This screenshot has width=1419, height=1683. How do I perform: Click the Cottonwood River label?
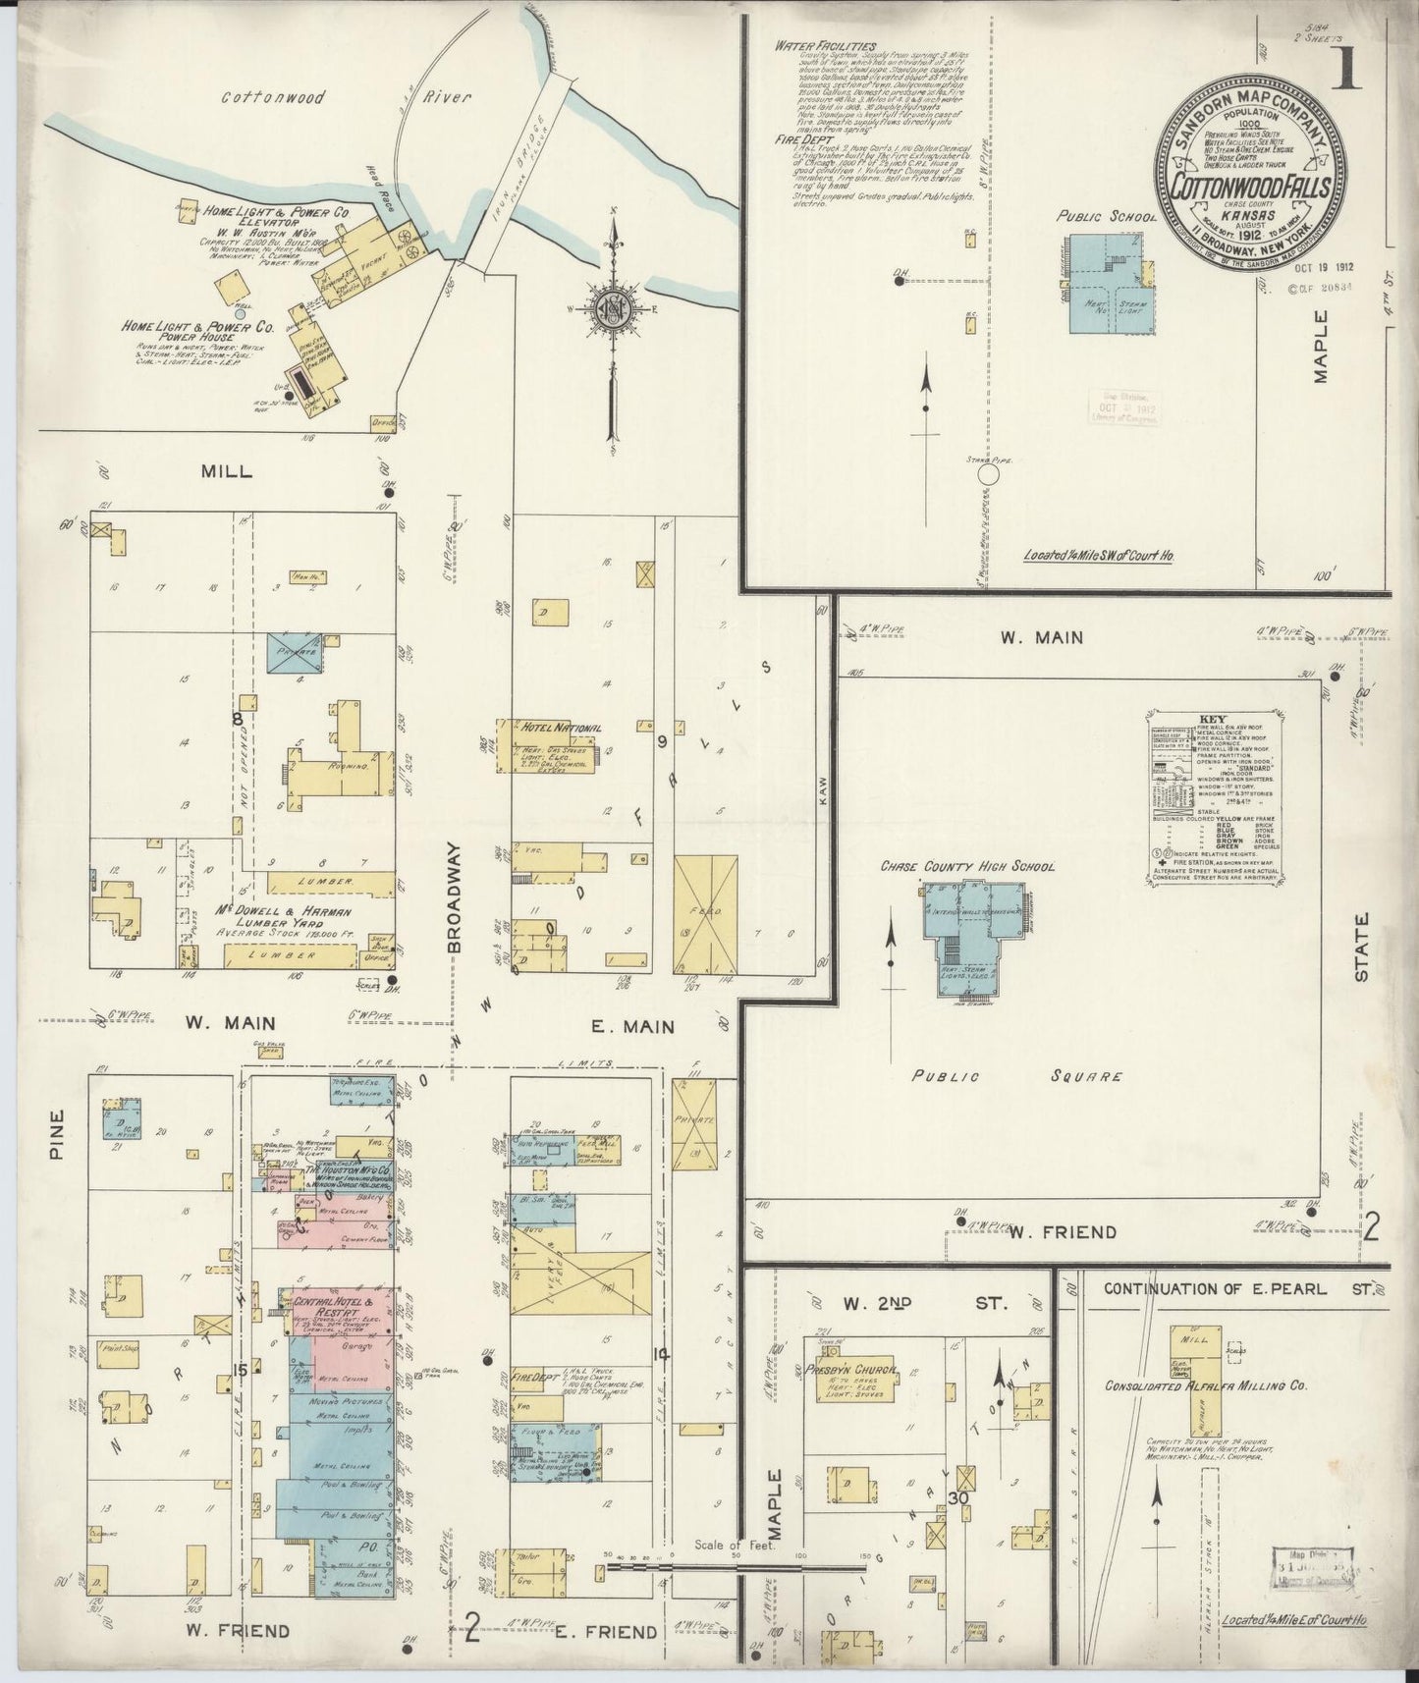347,98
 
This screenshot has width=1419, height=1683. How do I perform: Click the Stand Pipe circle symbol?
989,475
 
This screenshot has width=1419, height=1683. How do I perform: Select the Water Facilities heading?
825,45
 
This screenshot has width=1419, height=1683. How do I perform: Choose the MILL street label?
226,470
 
